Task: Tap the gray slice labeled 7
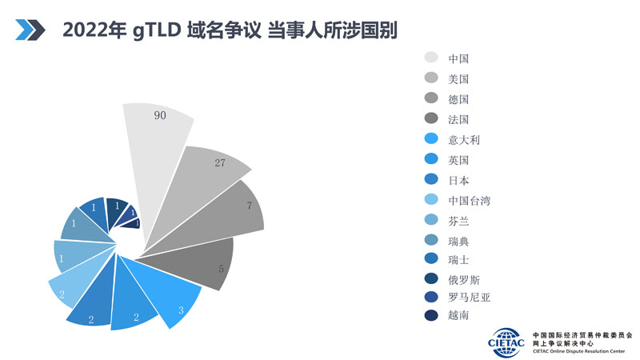[x=232, y=212]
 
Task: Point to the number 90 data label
[x=159, y=115]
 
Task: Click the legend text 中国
[x=458, y=58]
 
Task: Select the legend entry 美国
[x=458, y=79]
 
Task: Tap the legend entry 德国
[x=458, y=99]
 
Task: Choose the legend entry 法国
[x=458, y=120]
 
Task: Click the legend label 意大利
[x=464, y=140]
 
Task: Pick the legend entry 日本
[x=458, y=180]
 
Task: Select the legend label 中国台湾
[x=469, y=200]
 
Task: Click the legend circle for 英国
[x=431, y=160]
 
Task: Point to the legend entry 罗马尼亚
[x=469, y=297]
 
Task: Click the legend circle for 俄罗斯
[x=431, y=278]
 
